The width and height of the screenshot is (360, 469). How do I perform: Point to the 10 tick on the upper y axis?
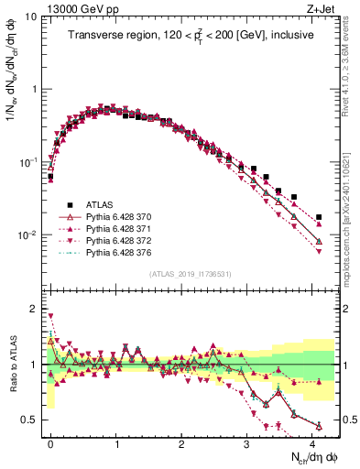[30, 16]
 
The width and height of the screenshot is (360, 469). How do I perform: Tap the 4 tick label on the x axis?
[314, 442]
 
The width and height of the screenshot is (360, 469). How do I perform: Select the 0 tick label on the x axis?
[51, 442]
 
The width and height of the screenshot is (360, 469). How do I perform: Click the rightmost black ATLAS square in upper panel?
[319, 217]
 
